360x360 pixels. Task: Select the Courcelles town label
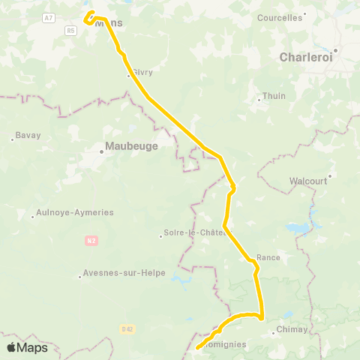pos(279,17)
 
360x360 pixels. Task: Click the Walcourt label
pos(308,181)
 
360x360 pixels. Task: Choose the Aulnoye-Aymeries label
pos(75,212)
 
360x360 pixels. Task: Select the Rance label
pos(268,257)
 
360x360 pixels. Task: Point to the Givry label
pos(142,73)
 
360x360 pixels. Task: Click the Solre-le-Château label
pos(196,232)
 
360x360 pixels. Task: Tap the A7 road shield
pos(49,17)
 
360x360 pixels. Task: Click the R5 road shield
pos(70,30)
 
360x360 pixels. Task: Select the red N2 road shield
pos(91,241)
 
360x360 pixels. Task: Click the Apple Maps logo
pos(27,347)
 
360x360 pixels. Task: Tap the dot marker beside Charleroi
pos(337,51)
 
